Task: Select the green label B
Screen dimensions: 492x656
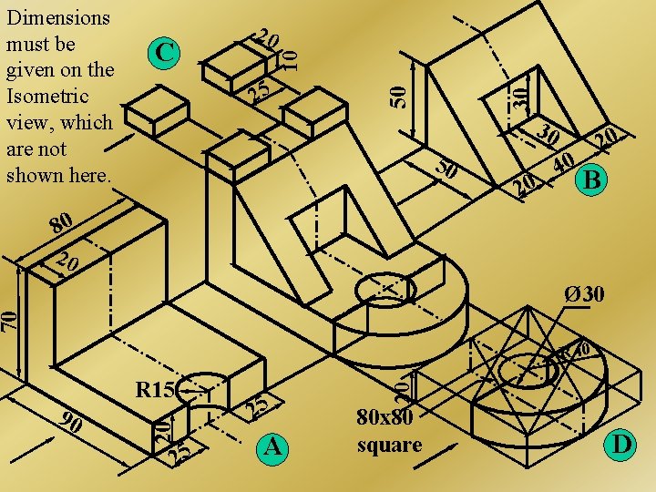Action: pos(592,181)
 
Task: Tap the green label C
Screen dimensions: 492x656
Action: pos(164,54)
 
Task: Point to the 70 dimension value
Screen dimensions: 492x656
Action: pos(8,320)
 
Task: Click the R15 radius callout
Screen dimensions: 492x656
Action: pos(154,391)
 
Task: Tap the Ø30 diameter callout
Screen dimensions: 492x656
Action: pos(583,295)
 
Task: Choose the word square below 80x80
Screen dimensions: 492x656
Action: pos(389,445)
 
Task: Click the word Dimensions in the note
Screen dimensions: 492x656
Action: pos(57,17)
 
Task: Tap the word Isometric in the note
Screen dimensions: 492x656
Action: pos(46,96)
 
